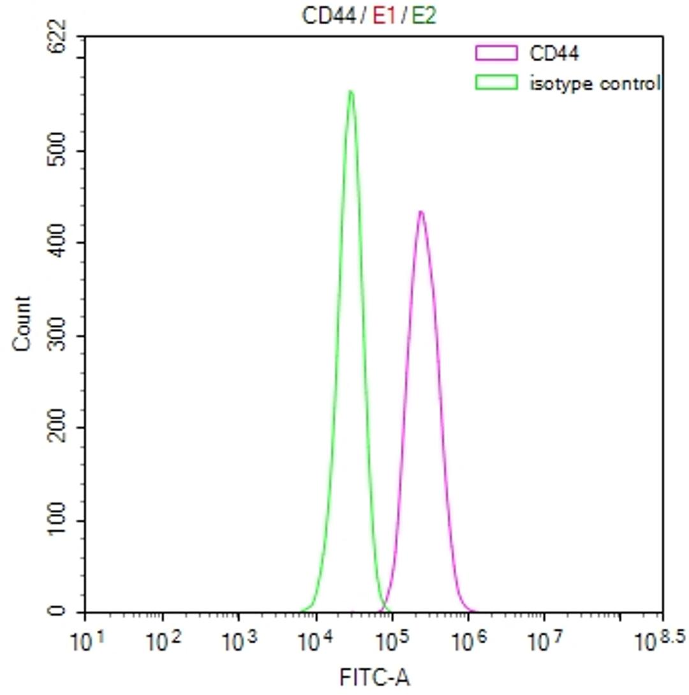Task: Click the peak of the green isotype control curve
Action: (x=351, y=92)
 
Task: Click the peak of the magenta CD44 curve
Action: (x=420, y=212)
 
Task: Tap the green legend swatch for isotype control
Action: (x=496, y=82)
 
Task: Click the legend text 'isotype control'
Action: (x=594, y=82)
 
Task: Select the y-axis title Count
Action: (x=22, y=324)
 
